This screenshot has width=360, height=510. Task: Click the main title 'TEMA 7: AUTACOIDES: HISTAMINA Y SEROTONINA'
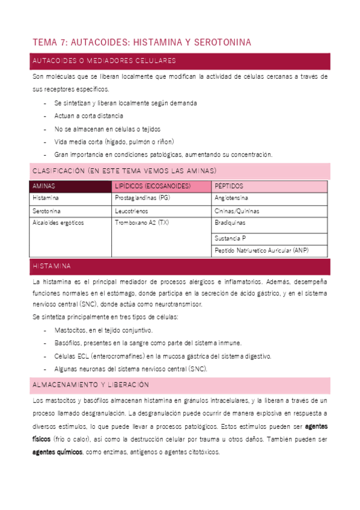(141, 42)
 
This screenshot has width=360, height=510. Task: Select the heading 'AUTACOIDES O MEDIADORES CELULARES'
(104, 61)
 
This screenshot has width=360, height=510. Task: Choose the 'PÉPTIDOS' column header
(229, 186)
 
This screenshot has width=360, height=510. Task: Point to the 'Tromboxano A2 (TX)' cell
(142, 223)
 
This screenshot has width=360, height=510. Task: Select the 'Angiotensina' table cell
(231, 198)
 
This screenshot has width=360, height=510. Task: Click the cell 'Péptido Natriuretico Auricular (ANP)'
(261, 250)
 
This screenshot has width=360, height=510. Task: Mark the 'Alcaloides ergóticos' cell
(58, 223)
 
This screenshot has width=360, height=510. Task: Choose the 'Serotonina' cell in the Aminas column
(47, 211)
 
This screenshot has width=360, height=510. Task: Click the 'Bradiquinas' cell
(230, 223)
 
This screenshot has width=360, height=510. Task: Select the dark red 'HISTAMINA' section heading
(52, 266)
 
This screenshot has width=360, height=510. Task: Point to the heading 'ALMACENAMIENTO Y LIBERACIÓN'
(91, 384)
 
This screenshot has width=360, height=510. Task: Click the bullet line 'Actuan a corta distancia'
(88, 116)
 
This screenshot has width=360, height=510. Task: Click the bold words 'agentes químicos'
(58, 452)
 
